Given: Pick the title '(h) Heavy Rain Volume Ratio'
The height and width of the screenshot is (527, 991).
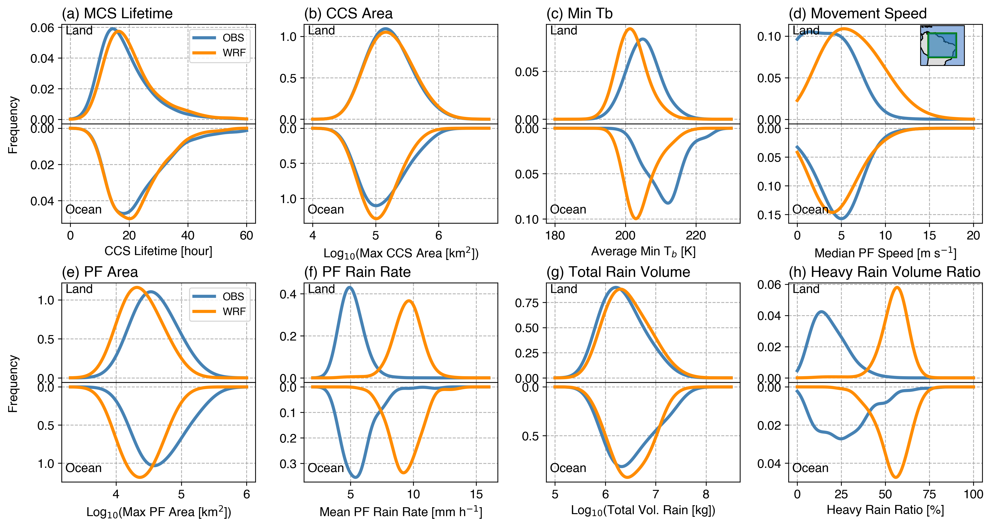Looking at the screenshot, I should click(884, 272).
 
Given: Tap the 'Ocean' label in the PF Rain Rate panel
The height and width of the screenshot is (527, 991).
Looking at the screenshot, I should click(325, 468).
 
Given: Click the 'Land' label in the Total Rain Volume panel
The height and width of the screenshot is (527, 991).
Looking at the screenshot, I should click(564, 289).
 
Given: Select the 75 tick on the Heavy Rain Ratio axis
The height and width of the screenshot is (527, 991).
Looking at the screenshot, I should click(929, 494).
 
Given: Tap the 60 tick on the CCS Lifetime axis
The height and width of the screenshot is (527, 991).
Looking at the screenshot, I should click(247, 236).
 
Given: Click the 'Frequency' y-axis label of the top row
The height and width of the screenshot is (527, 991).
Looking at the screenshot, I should click(13, 125).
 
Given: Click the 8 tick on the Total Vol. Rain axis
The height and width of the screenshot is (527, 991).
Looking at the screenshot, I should click(706, 494).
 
